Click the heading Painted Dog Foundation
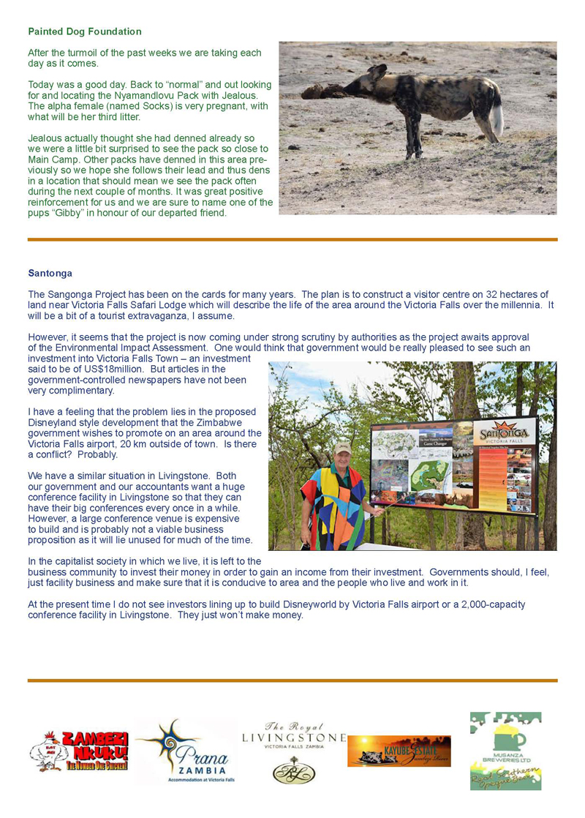[x=85, y=32]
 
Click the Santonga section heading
[x=50, y=274]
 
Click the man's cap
[x=342, y=447]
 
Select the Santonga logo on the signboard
[x=505, y=432]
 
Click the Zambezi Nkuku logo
[x=79, y=751]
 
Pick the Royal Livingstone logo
[x=294, y=751]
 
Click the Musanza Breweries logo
[x=505, y=751]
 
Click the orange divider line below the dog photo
[x=292, y=239]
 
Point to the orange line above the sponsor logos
[x=292, y=680]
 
